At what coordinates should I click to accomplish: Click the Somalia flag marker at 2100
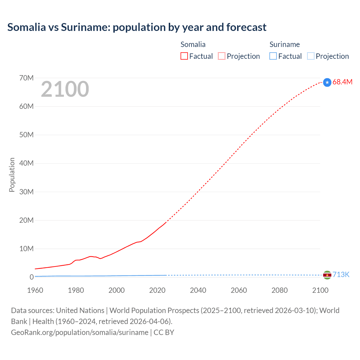click(327, 82)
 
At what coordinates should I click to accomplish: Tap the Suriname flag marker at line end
click(327, 275)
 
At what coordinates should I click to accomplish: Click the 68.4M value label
click(342, 82)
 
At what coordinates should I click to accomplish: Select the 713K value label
click(341, 275)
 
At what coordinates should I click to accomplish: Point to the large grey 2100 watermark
click(65, 89)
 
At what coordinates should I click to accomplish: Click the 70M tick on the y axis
click(26, 78)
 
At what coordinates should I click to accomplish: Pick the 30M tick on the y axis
click(26, 192)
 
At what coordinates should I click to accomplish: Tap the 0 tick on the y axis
click(31, 277)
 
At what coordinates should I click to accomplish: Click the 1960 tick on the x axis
click(35, 290)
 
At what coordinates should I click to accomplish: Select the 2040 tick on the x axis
click(198, 290)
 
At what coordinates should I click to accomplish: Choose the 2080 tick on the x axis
click(280, 290)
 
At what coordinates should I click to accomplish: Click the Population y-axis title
click(12, 175)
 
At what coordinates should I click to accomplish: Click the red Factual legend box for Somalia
click(184, 56)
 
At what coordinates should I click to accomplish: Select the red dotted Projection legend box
click(222, 56)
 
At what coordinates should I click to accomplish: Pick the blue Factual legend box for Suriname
click(273, 56)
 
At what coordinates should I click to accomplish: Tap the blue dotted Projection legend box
click(311, 56)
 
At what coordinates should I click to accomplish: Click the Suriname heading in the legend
click(285, 44)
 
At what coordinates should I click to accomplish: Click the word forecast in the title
click(246, 27)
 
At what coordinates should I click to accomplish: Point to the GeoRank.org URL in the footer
click(80, 332)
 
